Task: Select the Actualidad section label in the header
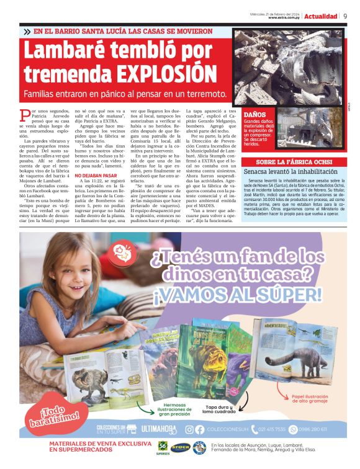coord(321,16)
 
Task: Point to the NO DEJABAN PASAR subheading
coord(96,175)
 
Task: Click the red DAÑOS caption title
coord(255,115)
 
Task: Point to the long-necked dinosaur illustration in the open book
coord(313,366)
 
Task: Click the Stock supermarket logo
coord(181,447)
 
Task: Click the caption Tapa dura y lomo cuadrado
coord(215,409)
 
